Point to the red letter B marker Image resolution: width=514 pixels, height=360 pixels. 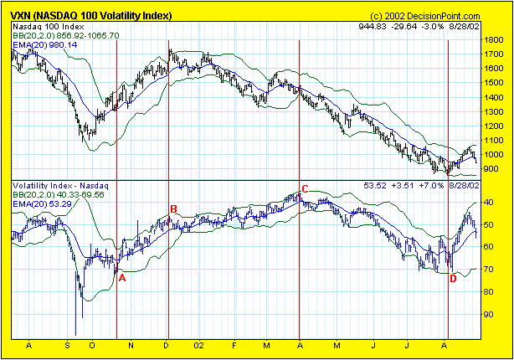click(x=174, y=208)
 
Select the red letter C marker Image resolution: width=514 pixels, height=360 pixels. click(x=305, y=189)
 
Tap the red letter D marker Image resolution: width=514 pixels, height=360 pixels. click(x=453, y=279)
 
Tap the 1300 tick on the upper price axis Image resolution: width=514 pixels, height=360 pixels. click(x=494, y=111)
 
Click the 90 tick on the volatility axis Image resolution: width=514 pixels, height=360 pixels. click(x=491, y=314)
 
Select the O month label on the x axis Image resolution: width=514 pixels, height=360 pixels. click(x=91, y=345)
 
